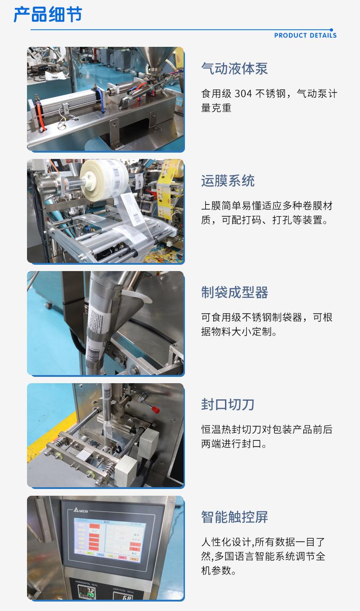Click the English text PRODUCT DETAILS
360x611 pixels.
(x=305, y=36)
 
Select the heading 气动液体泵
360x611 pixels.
(x=234, y=69)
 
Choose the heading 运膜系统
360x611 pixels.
(x=228, y=181)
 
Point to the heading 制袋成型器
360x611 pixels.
(x=234, y=293)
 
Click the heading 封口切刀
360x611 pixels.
(x=228, y=404)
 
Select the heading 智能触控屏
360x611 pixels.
(x=234, y=517)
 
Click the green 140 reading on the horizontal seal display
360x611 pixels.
(x=90, y=596)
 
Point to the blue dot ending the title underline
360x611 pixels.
(x=332, y=30)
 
